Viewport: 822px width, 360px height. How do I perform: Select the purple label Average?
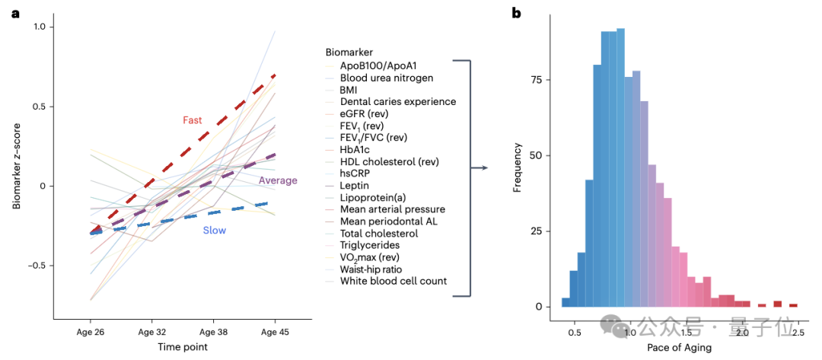click(278, 180)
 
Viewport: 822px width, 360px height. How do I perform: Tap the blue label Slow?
click(214, 230)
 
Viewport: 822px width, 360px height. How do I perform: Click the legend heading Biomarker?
click(349, 53)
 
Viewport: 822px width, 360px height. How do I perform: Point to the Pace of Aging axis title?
click(679, 348)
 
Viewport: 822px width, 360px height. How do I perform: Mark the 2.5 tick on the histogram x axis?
click(798, 333)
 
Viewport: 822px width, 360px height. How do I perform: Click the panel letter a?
click(14, 13)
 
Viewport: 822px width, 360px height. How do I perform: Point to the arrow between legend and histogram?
click(479, 167)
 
